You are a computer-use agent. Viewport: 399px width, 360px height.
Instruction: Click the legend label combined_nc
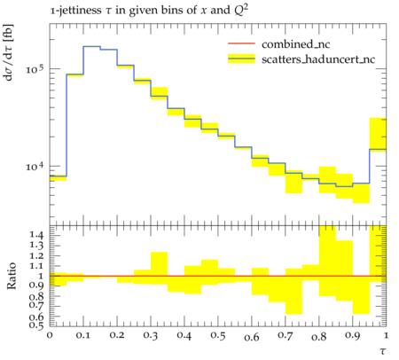pos(295,44)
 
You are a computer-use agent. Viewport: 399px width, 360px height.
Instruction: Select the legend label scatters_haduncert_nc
pos(318,59)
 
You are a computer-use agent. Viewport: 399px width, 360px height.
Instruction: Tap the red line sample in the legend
pos(241,43)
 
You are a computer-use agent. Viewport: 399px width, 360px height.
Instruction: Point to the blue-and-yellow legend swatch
pos(241,59)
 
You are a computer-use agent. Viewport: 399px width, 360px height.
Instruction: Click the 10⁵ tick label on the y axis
pos(35,70)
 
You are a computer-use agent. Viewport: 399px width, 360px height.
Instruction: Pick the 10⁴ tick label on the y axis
pos(35,167)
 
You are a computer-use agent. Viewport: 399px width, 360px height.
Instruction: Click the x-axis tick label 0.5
pos(218,335)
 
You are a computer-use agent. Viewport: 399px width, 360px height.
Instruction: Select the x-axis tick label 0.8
pos(319,336)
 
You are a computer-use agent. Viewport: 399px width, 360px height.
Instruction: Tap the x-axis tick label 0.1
pos(83,335)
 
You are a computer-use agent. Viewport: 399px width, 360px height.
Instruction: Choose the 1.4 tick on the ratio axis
pos(36,235)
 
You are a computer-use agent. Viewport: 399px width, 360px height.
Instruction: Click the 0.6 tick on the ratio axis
pos(36,317)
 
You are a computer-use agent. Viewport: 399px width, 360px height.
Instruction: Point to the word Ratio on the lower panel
pos(11,276)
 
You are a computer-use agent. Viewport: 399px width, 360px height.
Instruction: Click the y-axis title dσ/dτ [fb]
pos(9,52)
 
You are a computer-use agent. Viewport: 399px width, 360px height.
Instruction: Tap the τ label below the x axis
pos(383,351)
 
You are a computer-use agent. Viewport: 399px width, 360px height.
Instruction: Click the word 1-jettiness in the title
pos(75,11)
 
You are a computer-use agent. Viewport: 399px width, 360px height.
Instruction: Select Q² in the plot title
pos(241,10)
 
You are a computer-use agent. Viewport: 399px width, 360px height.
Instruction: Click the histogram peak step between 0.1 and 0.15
pos(91,46)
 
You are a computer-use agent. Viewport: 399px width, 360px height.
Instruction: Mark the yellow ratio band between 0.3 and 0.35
pos(159,269)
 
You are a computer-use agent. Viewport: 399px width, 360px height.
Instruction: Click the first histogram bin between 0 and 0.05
pos(58,176)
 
